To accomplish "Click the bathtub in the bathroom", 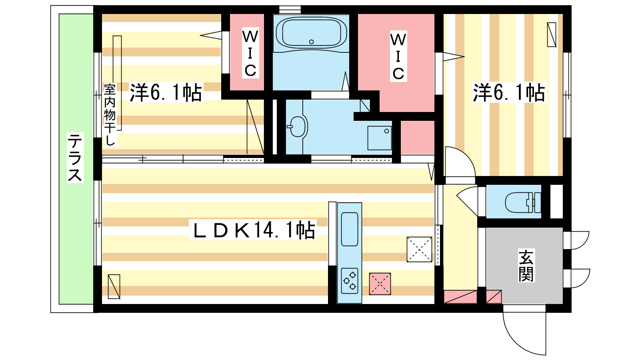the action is [x=311, y=33].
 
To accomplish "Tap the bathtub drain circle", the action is [x=312, y=42].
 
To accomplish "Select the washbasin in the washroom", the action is [x=298, y=126].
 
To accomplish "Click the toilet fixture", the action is [x=523, y=202].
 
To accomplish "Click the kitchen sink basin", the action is [x=350, y=229].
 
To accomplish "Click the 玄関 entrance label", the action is [x=526, y=266].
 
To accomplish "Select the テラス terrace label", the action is [x=75, y=158].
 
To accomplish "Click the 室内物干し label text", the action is [x=110, y=114].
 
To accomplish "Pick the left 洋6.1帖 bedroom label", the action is [x=166, y=92].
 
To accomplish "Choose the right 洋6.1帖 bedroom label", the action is [x=509, y=92].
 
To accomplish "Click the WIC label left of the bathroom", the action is [x=250, y=53].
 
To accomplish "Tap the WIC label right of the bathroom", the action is [x=398, y=56].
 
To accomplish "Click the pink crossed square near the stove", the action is [x=380, y=284].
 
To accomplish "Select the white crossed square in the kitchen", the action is [x=419, y=250].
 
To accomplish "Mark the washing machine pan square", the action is [x=380, y=138].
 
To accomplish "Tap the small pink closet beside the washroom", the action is [x=418, y=138].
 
